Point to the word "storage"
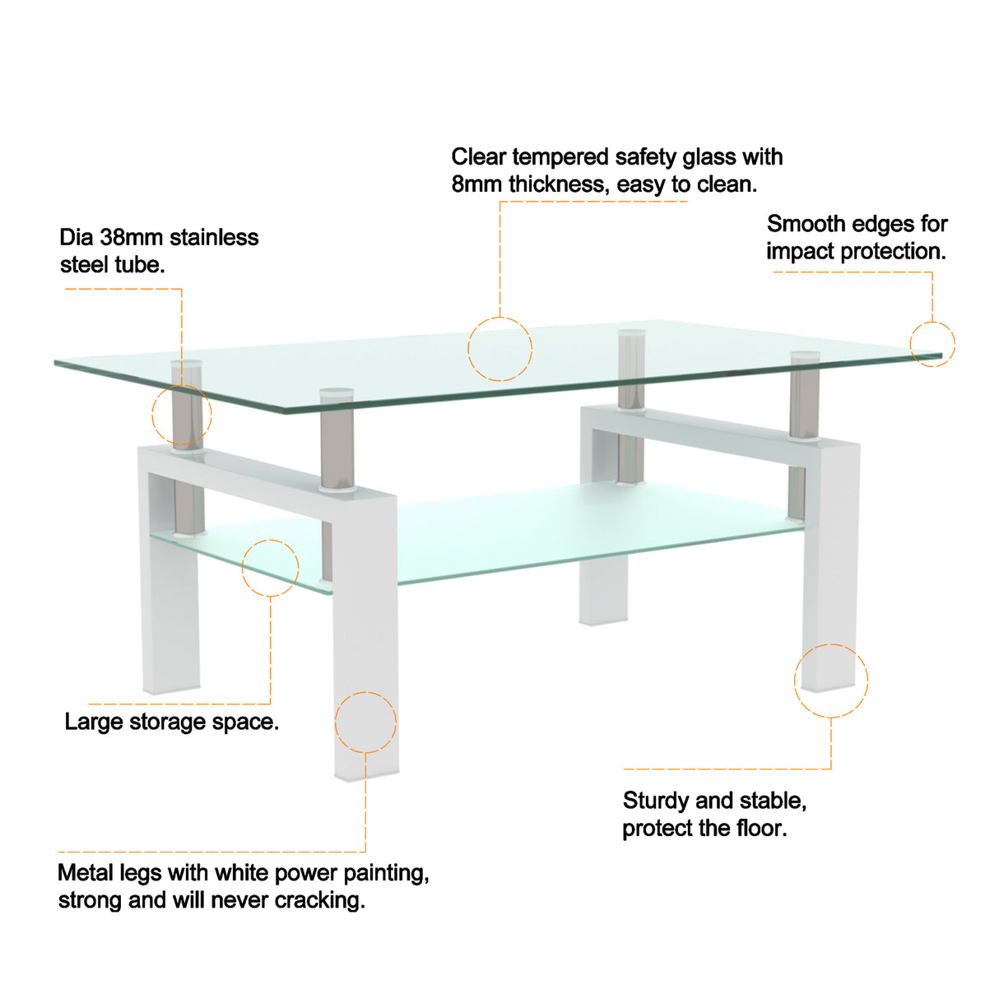pyautogui.click(x=168, y=723)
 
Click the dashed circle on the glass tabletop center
pyautogui.click(x=500, y=349)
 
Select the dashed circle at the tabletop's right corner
pyautogui.click(x=932, y=344)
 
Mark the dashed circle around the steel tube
pyautogui.click(x=182, y=416)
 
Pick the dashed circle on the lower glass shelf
pyautogui.click(x=270, y=568)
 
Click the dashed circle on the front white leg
pyautogui.click(x=365, y=722)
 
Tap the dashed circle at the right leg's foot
pyautogui.click(x=831, y=680)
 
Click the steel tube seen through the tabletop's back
pyautogui.click(x=631, y=370)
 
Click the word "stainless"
pyautogui.click(x=214, y=238)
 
